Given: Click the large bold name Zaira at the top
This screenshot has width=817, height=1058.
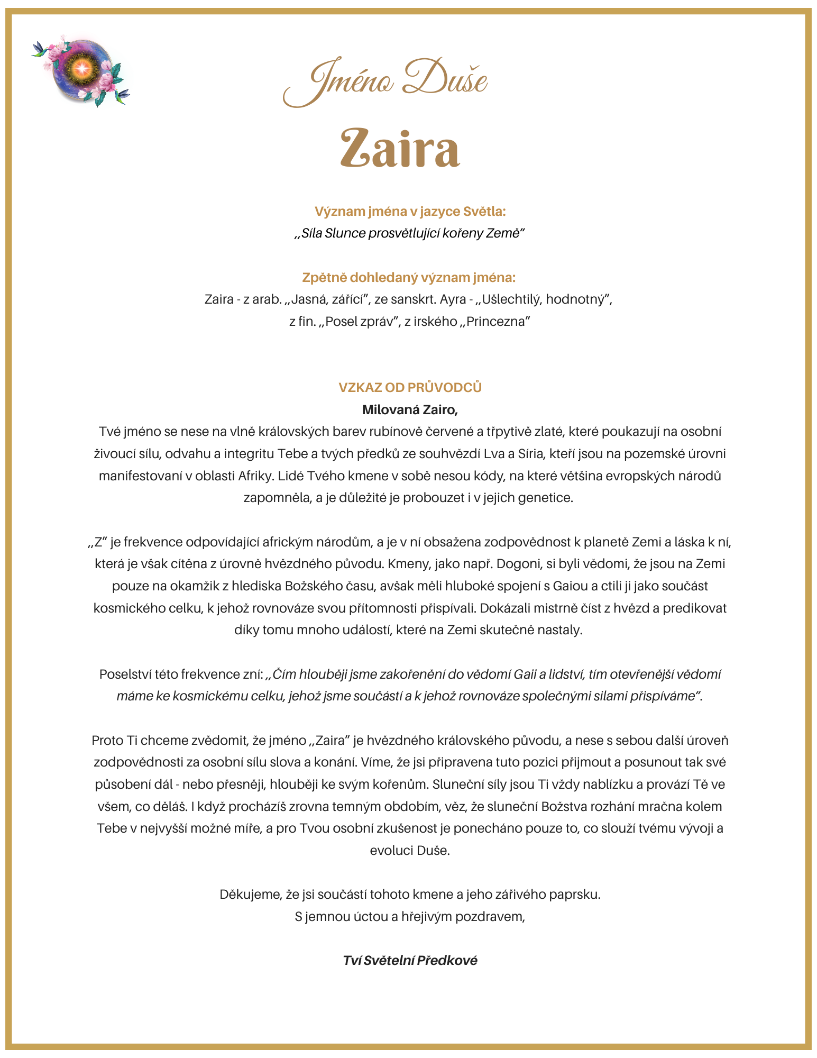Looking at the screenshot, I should pyautogui.click(x=400, y=149).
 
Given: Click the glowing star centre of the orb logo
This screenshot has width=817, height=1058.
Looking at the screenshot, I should pyautogui.click(x=82, y=67).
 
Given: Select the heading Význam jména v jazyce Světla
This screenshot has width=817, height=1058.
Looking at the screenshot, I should pyautogui.click(x=410, y=212).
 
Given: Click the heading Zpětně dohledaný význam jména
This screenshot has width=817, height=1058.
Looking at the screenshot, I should pyautogui.click(x=409, y=278).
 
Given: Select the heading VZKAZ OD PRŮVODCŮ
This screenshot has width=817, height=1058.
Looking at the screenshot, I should pyautogui.click(x=410, y=387).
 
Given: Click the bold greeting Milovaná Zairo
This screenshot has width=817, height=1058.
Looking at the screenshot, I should pyautogui.click(x=410, y=409).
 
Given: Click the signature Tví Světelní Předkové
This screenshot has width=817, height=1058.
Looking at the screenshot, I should pyautogui.click(x=410, y=961).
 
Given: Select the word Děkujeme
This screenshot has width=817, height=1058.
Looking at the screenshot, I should pyautogui.click(x=251, y=895).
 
